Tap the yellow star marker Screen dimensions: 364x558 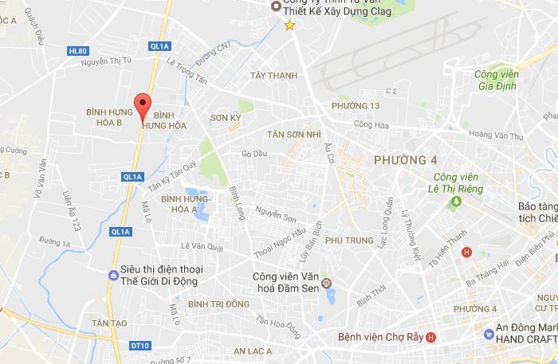point(289,25)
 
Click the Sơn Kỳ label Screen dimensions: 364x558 point(225,117)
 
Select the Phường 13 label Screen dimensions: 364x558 point(356,106)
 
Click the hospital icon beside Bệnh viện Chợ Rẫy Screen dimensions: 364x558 point(431,337)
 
